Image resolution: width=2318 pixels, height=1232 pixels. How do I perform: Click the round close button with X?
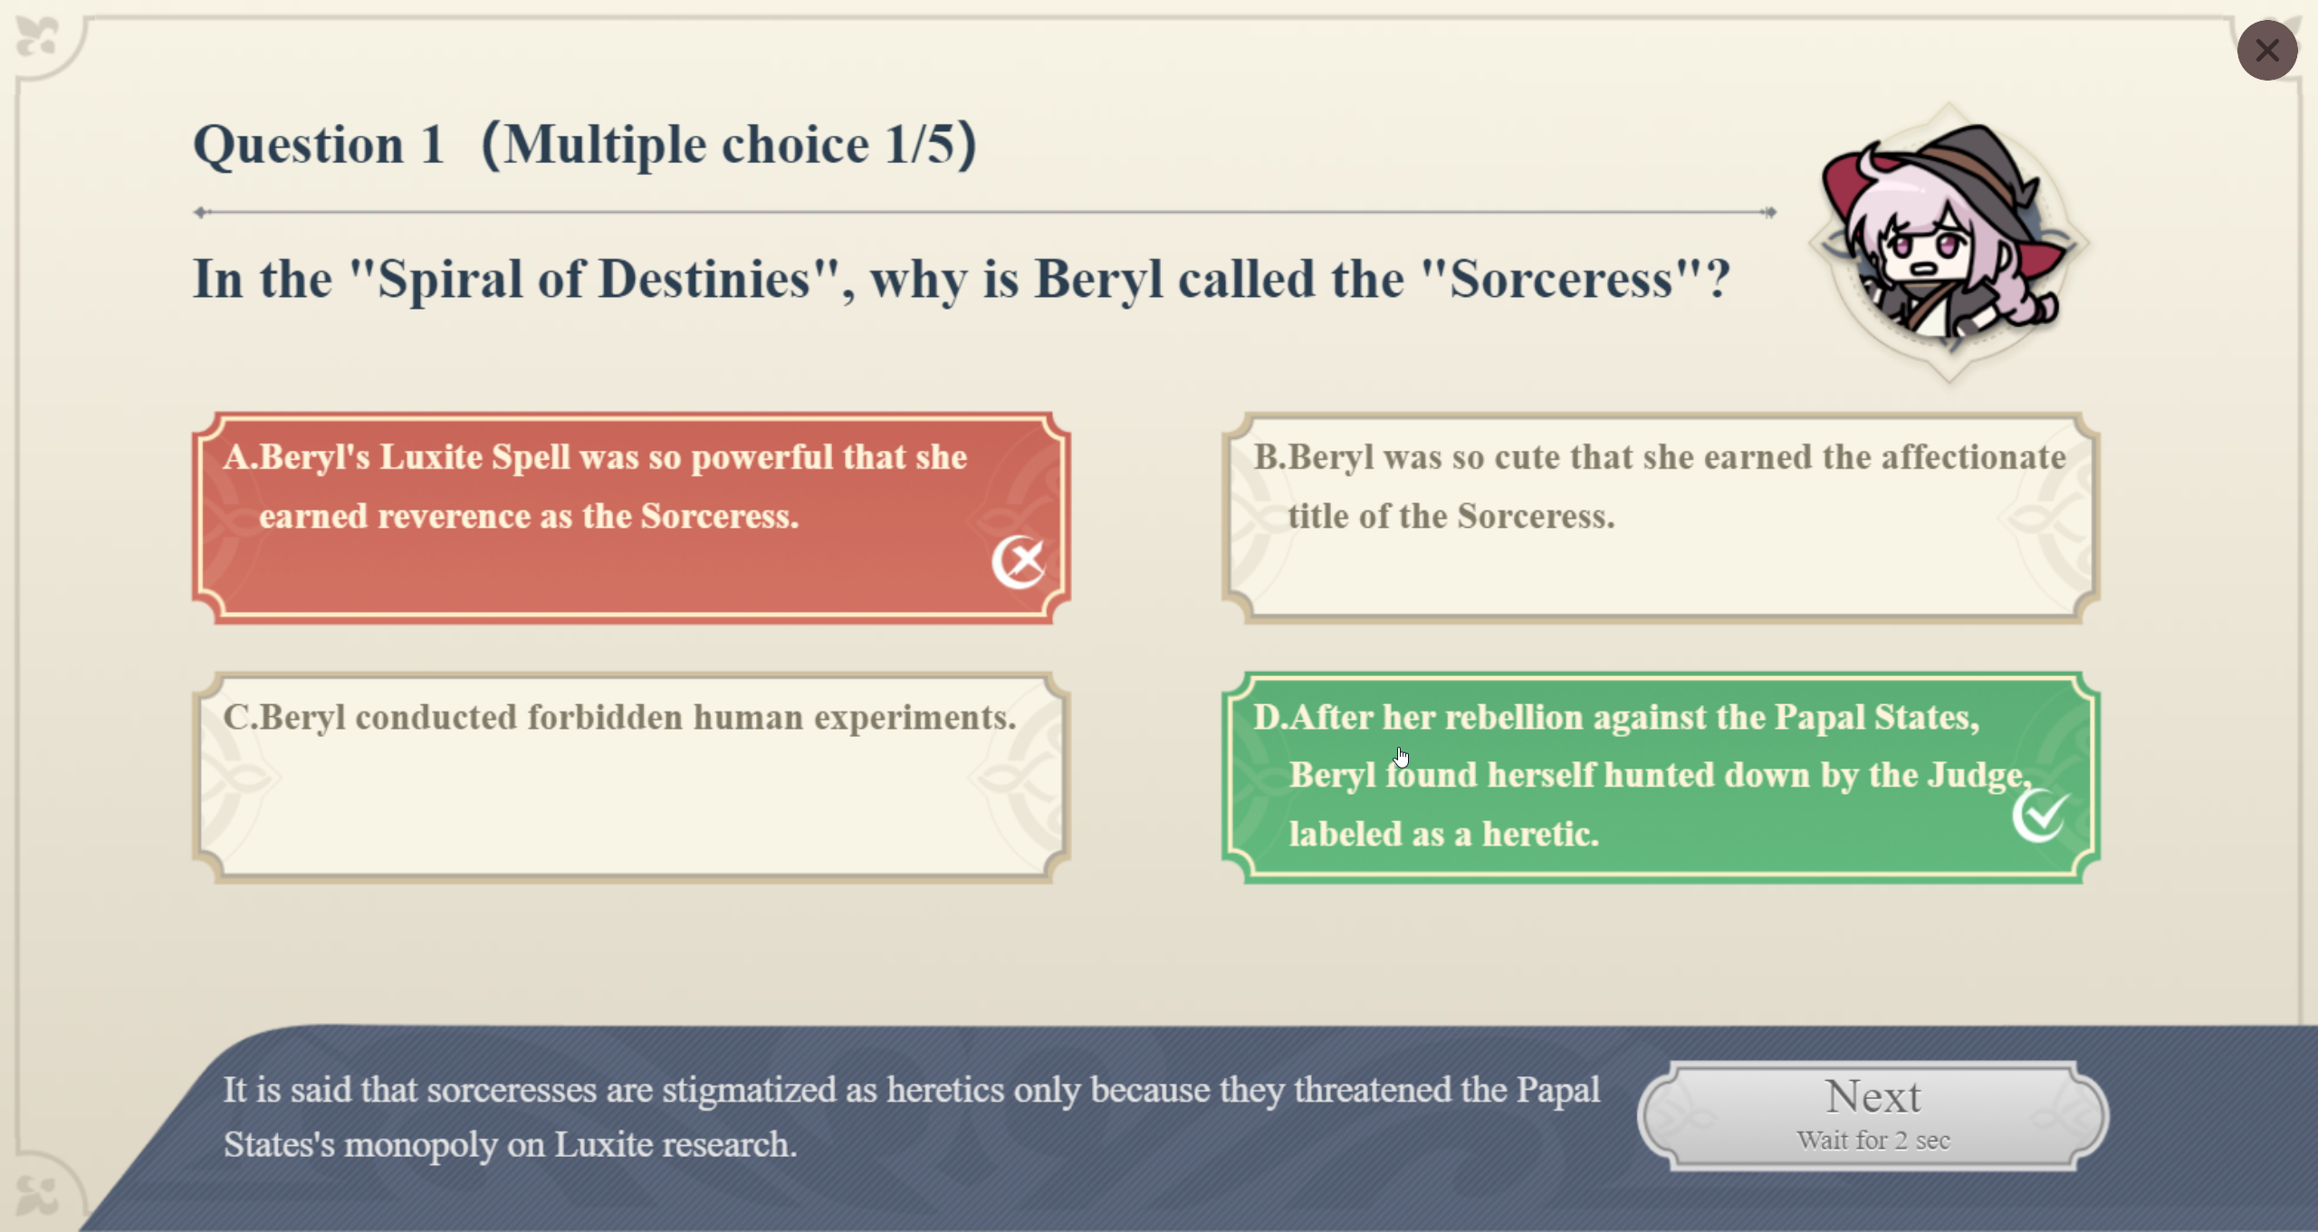coord(2266,50)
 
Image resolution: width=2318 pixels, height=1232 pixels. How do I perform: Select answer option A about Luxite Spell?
coord(631,518)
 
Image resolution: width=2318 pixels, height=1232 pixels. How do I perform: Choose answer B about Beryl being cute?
coord(1660,518)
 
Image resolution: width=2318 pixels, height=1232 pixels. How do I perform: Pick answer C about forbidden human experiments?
coord(631,777)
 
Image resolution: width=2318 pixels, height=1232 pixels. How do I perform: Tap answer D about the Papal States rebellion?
coord(1660,777)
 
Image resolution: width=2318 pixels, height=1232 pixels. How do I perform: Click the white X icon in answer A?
coord(1019,561)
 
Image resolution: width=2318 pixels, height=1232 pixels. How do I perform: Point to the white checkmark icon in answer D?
coord(2041,815)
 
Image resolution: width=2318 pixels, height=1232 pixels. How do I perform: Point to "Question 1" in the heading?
coord(319,145)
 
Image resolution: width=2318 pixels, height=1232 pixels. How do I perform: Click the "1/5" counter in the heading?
coord(919,145)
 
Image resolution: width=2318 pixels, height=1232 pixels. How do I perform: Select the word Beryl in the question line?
coord(1098,281)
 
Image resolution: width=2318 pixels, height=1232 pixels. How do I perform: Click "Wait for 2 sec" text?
coord(1873,1141)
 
